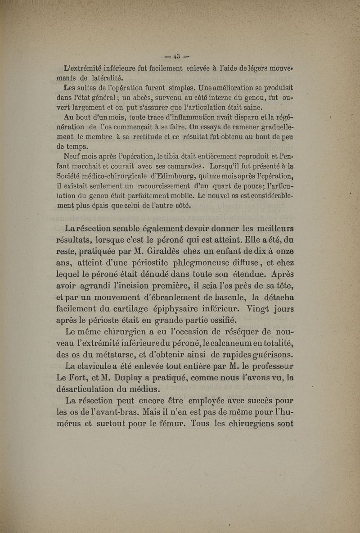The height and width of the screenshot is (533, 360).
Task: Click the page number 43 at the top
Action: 175,57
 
